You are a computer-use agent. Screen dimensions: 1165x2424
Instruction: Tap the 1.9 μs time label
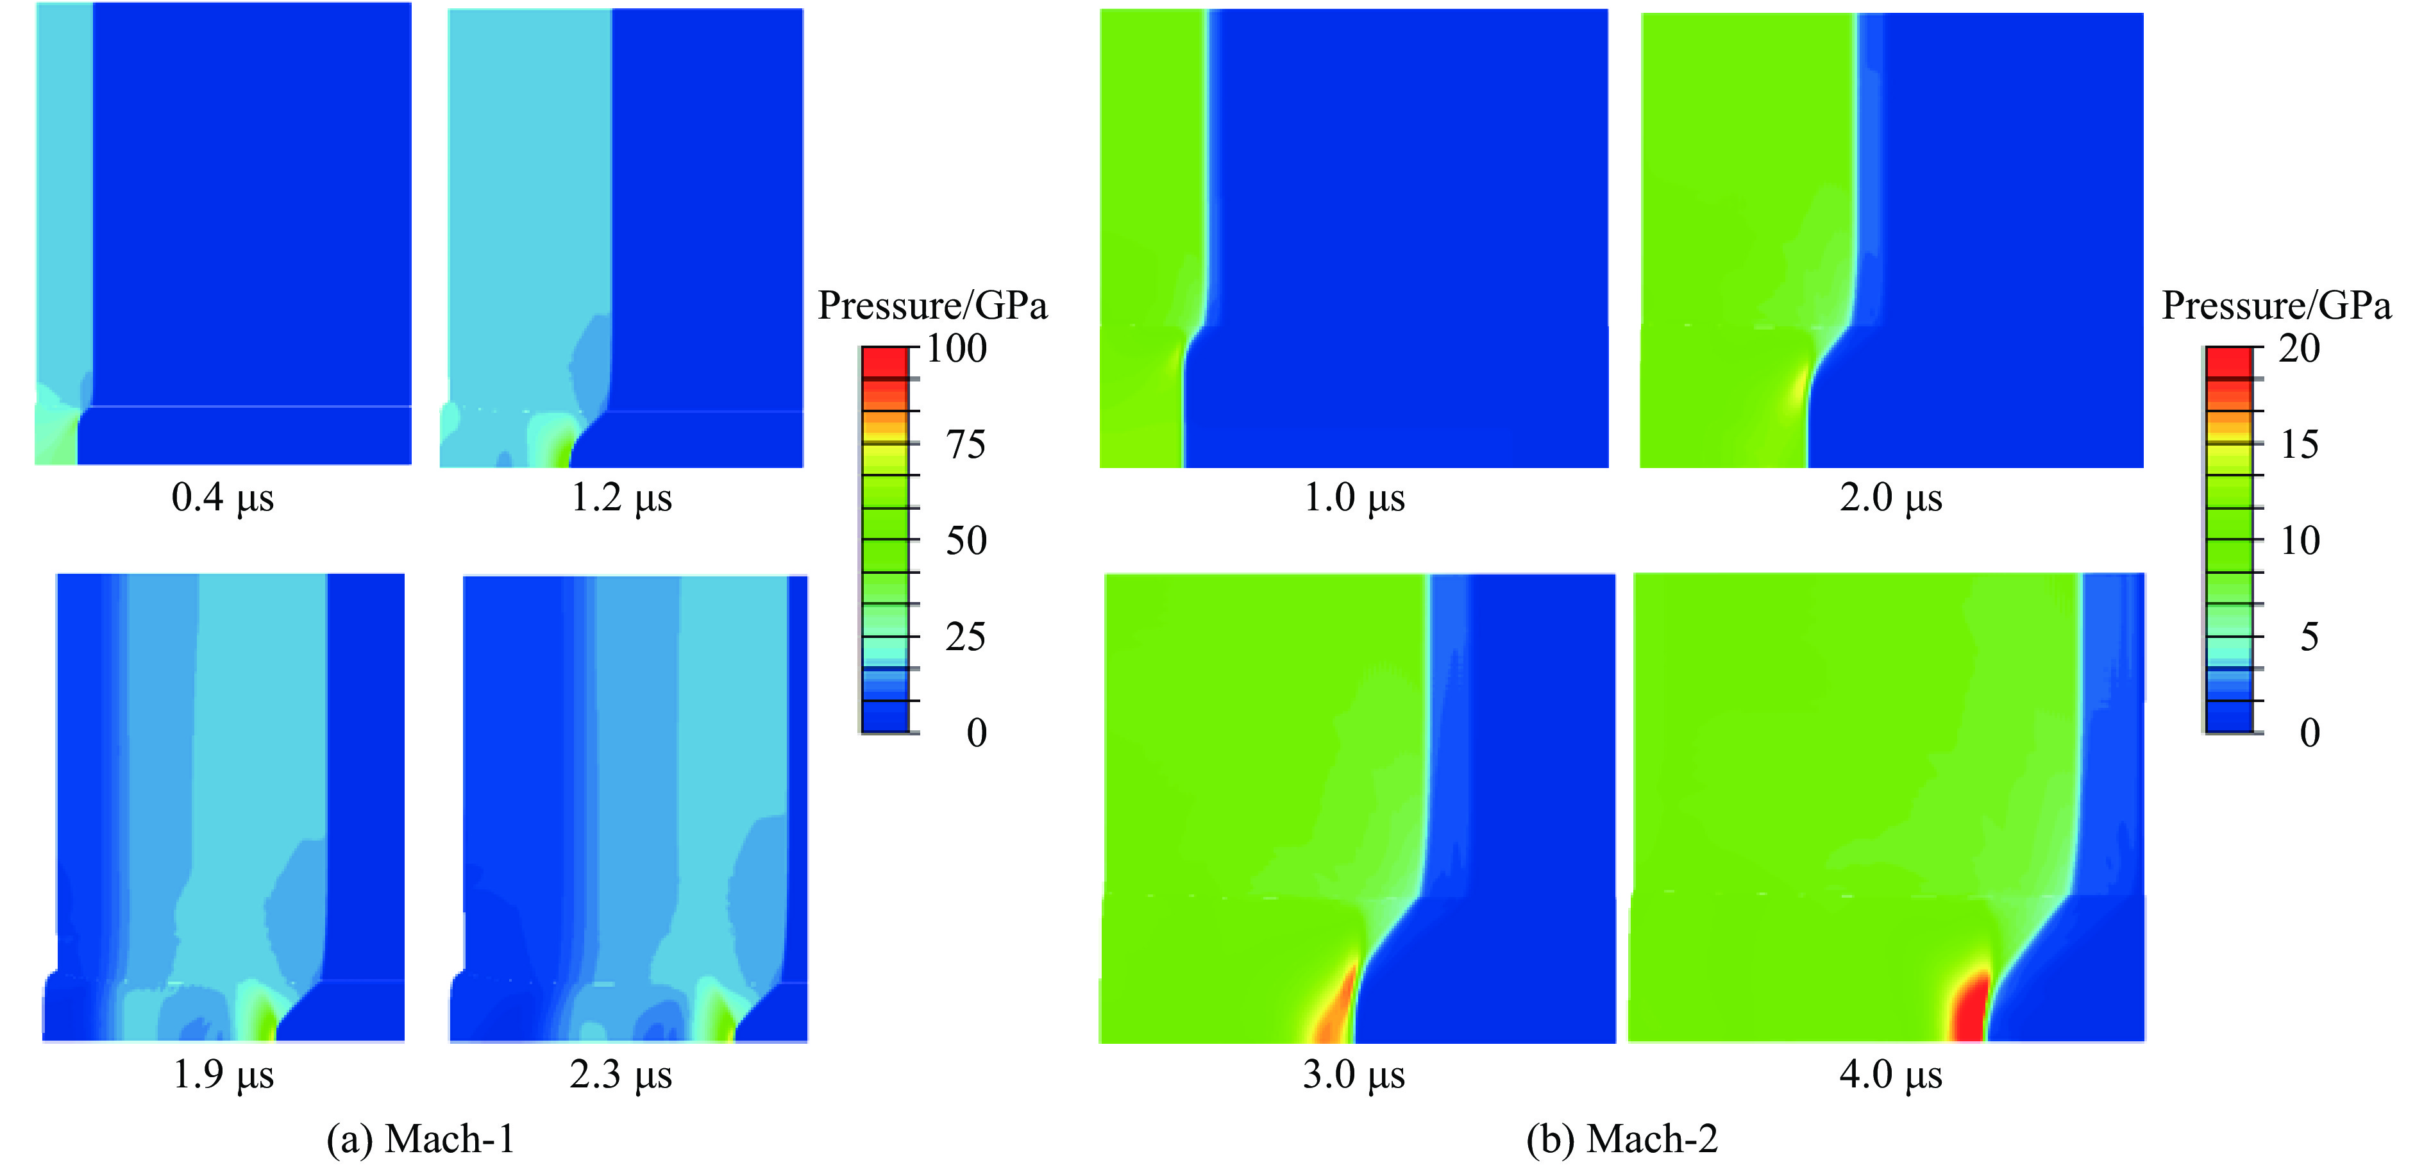[223, 1074]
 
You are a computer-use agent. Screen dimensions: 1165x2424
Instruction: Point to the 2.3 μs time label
[620, 1074]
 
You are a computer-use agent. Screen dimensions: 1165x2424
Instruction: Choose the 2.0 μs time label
[1890, 498]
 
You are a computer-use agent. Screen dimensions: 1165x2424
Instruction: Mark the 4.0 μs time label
[1890, 1074]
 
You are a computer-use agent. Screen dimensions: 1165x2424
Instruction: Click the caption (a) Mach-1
[421, 1139]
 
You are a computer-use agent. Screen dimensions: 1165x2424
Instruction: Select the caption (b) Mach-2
[1622, 1139]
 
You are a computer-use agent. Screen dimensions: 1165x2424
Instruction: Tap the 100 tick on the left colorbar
[956, 349]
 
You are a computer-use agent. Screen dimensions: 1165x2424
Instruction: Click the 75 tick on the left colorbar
[966, 445]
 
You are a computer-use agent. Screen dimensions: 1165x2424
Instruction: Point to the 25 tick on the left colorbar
[966, 637]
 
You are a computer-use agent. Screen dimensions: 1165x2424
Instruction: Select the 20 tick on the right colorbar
[2299, 349]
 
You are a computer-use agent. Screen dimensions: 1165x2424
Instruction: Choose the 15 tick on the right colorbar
[2299, 445]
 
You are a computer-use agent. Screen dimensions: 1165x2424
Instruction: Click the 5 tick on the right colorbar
[2309, 637]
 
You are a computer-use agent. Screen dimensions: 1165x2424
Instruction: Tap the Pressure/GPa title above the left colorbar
[932, 306]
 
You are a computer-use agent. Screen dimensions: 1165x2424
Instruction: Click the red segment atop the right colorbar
[2229, 362]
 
